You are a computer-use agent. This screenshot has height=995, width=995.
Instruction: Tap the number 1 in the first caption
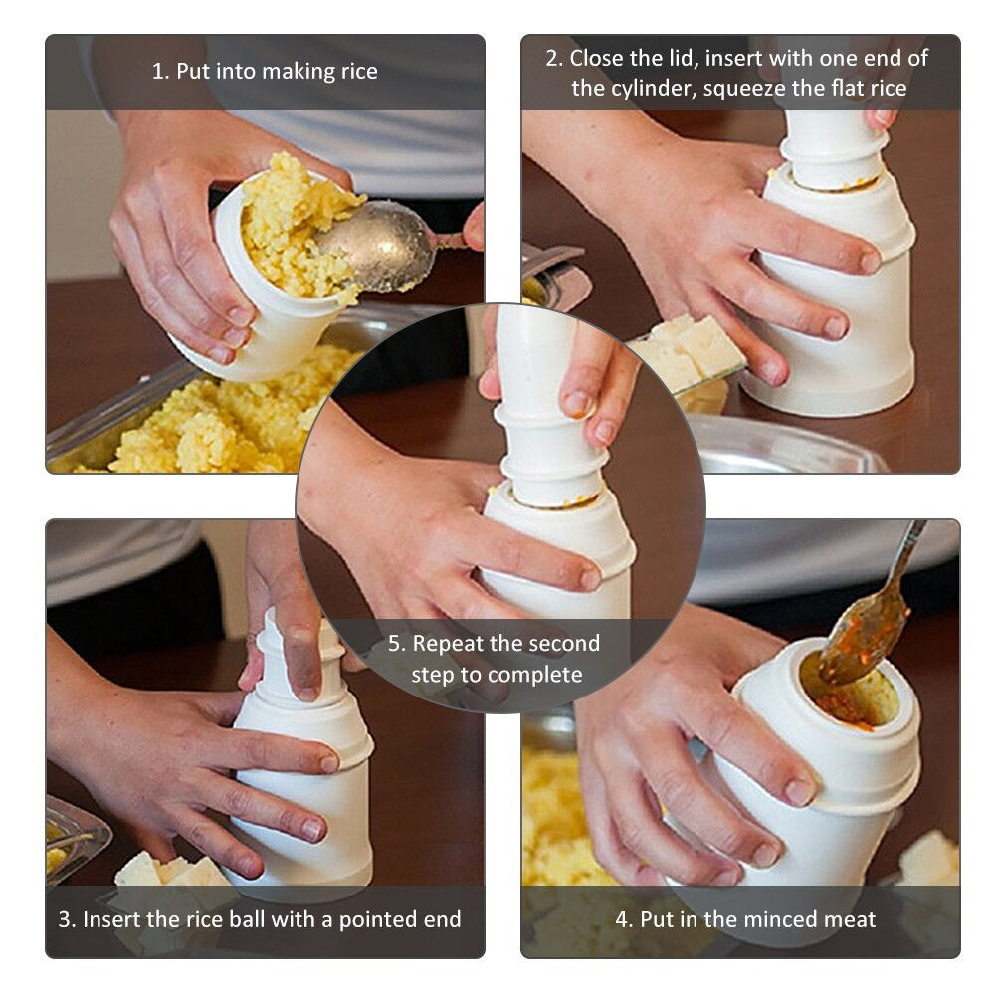click(158, 72)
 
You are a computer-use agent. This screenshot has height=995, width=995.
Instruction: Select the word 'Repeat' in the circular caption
click(449, 644)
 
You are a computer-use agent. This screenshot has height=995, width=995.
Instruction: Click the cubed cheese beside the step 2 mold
click(689, 350)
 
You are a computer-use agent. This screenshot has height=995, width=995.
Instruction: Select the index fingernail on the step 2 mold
click(869, 262)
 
